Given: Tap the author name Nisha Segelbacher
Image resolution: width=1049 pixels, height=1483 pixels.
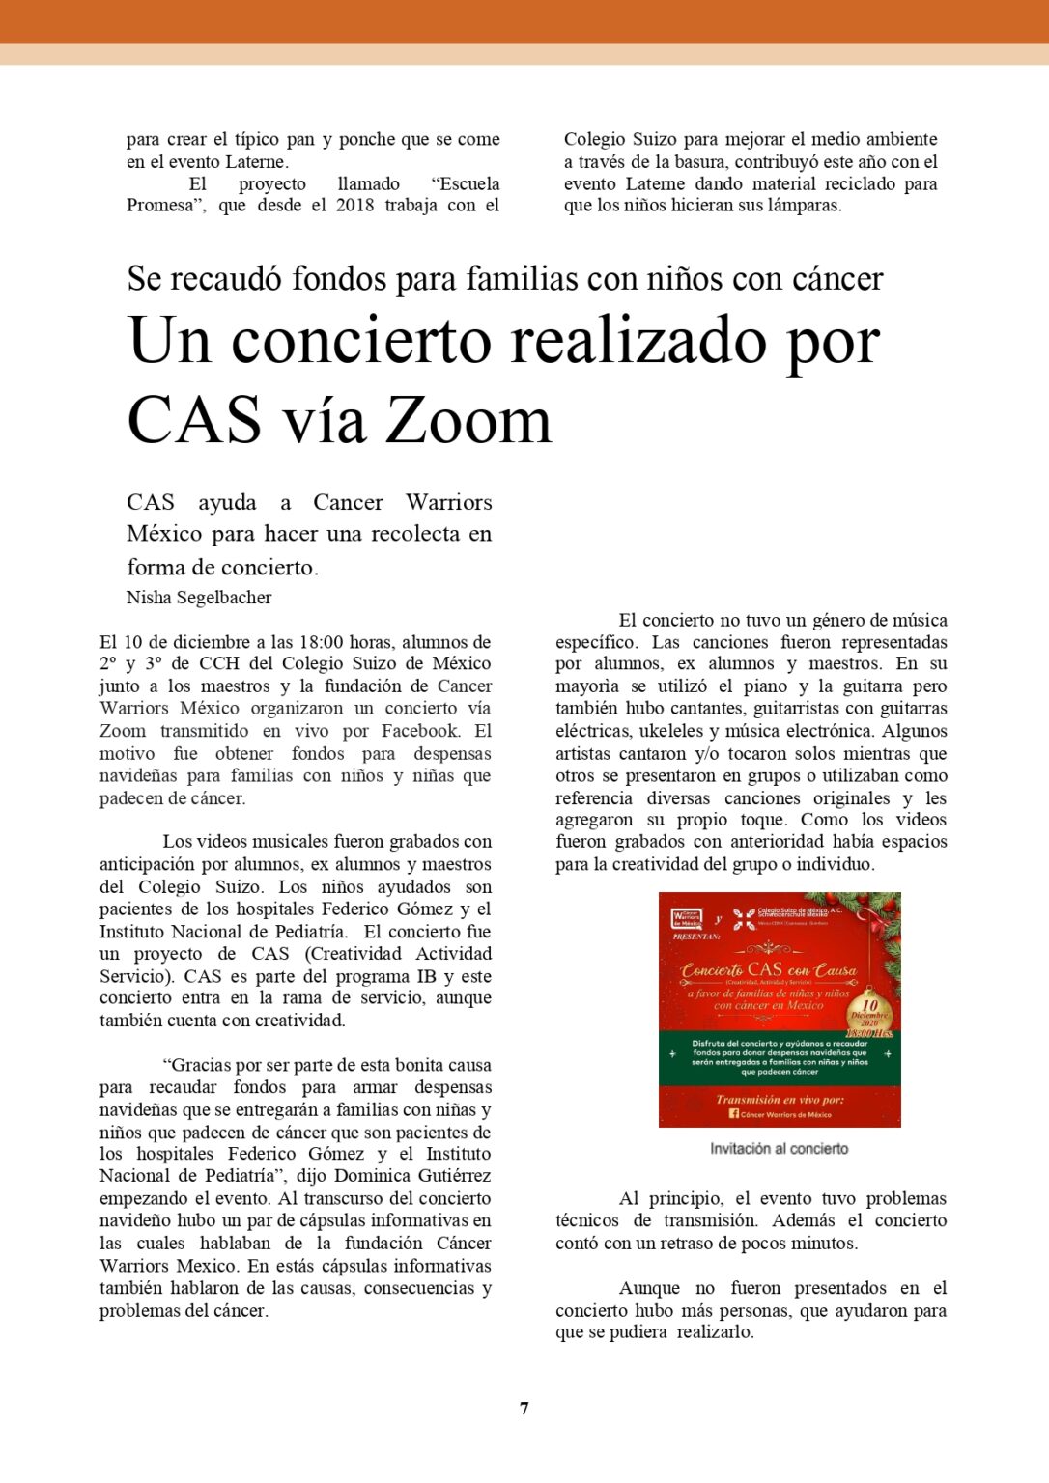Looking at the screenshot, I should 199,598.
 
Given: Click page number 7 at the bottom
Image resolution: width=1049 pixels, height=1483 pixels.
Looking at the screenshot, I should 524,1408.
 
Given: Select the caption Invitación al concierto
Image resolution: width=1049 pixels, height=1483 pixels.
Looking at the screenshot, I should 779,1149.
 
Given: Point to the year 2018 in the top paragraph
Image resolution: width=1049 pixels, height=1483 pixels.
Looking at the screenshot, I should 354,205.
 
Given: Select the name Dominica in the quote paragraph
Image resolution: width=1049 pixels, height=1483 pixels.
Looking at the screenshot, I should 374,1176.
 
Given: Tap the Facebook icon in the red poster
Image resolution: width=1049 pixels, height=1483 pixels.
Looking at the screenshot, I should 733,1113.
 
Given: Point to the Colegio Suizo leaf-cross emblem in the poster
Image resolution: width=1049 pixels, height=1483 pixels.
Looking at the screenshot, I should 744,918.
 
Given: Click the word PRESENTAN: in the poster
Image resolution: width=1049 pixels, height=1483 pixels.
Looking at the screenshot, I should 696,937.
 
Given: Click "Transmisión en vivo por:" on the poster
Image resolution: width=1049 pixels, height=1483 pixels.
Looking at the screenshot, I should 779,1099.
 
